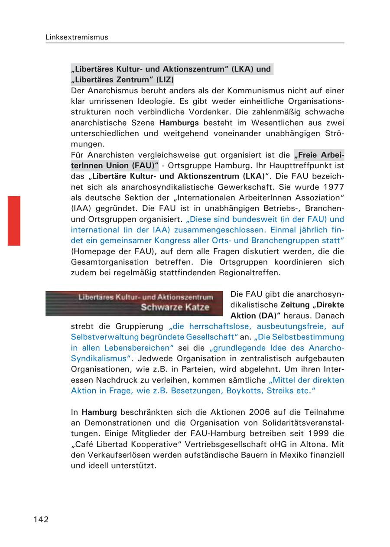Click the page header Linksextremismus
click(x=77, y=37)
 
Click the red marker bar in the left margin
click(x=14, y=221)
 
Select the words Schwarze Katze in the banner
click(x=175, y=308)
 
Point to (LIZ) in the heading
click(x=165, y=80)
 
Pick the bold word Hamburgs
click(x=179, y=123)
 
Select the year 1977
click(x=333, y=187)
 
